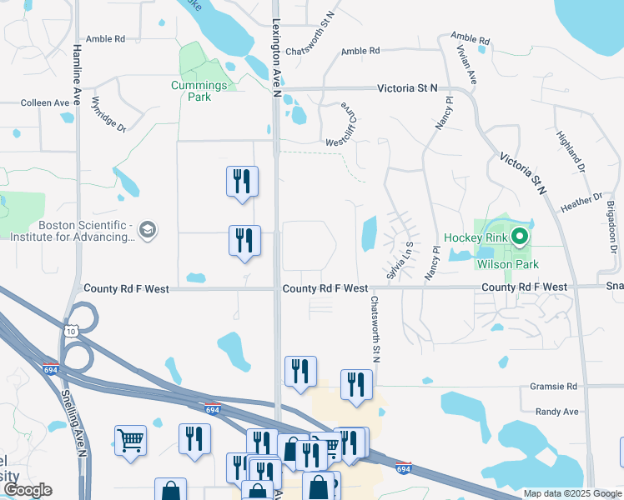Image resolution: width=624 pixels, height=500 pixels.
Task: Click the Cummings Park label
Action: click(199, 91)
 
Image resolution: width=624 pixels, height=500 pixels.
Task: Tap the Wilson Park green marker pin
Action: click(521, 237)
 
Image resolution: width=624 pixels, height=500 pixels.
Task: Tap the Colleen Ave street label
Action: click(45, 103)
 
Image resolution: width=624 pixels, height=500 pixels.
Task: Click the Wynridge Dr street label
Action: click(108, 116)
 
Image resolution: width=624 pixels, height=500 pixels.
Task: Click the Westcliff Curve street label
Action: click(345, 122)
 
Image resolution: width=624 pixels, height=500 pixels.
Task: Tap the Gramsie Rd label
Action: click(554, 387)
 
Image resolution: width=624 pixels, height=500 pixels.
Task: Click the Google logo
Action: click(28, 490)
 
